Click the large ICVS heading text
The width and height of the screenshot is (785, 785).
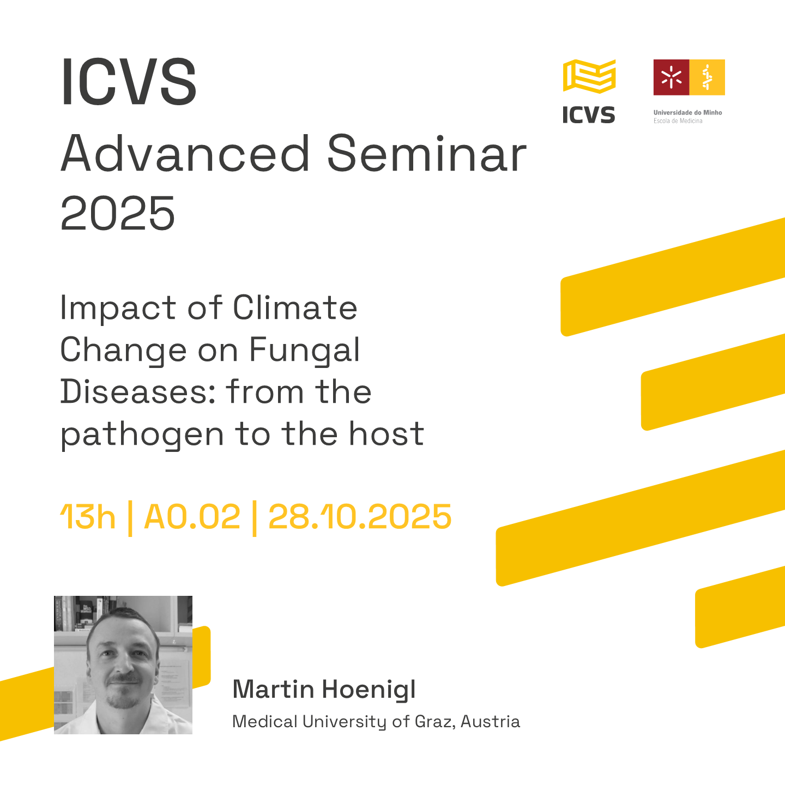click(129, 81)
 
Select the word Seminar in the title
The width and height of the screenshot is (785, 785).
click(426, 154)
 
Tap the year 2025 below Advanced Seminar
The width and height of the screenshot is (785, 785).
click(118, 213)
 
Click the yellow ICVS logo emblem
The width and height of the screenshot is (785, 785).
click(589, 76)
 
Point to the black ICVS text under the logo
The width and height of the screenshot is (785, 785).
click(589, 114)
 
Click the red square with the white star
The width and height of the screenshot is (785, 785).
click(672, 77)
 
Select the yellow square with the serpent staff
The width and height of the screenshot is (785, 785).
click(707, 77)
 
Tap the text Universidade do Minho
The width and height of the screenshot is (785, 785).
click(687, 112)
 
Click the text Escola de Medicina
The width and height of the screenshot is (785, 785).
click(678, 121)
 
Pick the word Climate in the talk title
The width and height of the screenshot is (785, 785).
click(295, 307)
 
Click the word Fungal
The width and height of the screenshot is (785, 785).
click(304, 351)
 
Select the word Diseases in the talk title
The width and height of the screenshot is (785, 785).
click(138, 392)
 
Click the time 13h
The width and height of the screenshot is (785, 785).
click(88, 517)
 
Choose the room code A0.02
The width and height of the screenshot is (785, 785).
click(192, 517)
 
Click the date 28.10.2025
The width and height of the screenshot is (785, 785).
click(360, 517)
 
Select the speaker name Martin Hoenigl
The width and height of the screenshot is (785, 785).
click(324, 690)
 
